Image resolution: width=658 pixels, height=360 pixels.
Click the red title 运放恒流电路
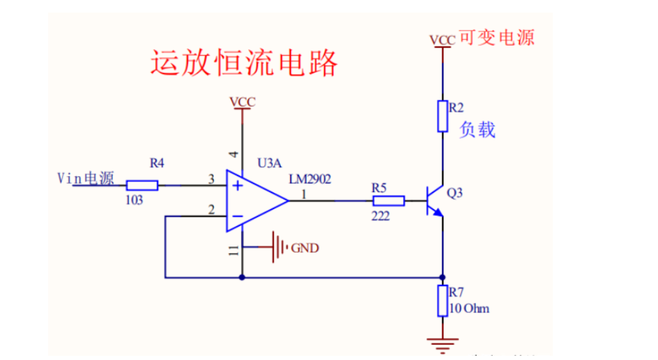[244, 63]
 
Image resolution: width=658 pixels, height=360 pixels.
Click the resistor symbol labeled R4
[142, 185]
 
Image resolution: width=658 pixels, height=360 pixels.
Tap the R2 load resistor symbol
[443, 116]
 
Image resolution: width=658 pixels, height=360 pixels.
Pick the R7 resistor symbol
[443, 301]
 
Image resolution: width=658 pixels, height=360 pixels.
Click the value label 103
[134, 200]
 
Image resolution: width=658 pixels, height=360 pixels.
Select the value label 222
[380, 216]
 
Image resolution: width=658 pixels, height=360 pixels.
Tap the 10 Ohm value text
[470, 309]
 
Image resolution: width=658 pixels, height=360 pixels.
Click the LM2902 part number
[309, 179]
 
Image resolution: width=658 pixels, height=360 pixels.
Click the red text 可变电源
[496, 38]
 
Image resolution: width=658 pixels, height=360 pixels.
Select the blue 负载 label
[478, 130]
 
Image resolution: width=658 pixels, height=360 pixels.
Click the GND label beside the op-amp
[305, 248]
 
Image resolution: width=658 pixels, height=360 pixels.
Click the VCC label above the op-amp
[242, 102]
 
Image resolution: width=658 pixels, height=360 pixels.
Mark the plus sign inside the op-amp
[238, 186]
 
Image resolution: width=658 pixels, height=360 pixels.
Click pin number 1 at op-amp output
[303, 194]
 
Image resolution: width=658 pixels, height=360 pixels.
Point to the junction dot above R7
[443, 278]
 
